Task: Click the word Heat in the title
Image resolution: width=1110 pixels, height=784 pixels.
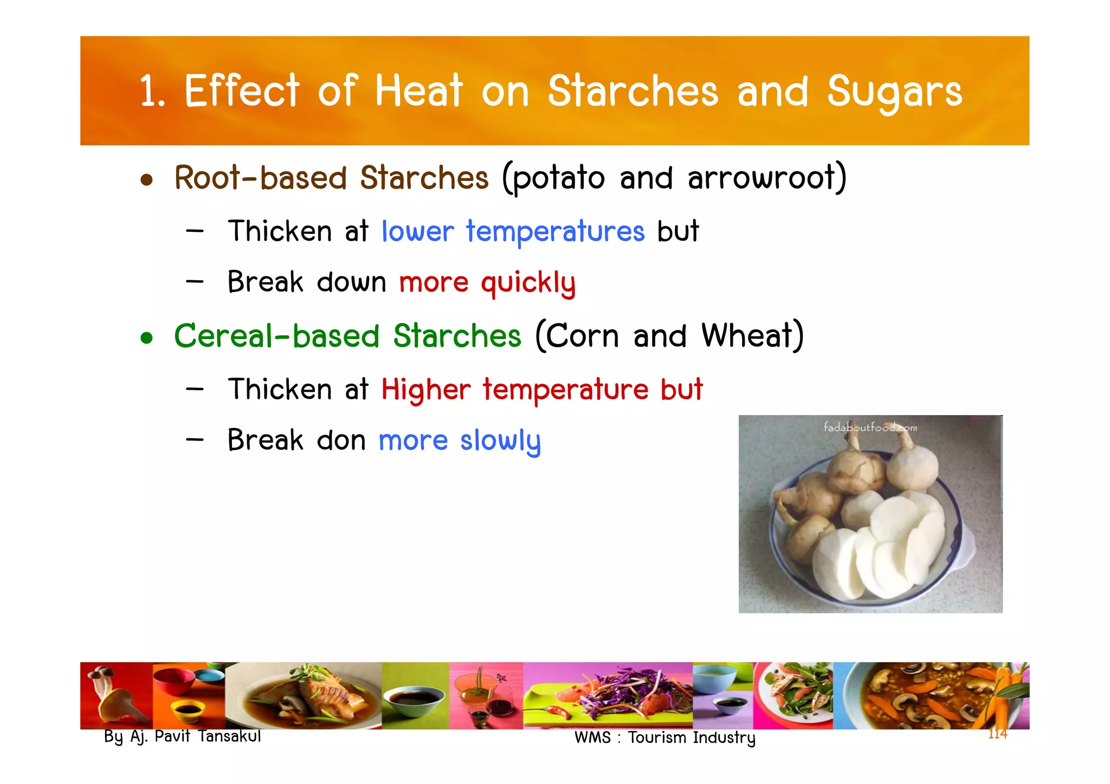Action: click(x=418, y=91)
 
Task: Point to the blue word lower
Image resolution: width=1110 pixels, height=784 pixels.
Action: click(x=417, y=231)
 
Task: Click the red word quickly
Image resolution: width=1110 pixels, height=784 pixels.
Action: click(x=528, y=283)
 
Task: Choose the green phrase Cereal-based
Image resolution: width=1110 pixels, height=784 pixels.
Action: click(x=276, y=336)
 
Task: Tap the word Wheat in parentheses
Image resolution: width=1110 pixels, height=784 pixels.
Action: click(x=752, y=336)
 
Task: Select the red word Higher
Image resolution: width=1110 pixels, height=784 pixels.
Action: click(x=426, y=390)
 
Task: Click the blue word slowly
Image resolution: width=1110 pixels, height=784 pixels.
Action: click(x=500, y=440)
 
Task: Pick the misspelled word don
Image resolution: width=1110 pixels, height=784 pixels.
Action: click(x=341, y=440)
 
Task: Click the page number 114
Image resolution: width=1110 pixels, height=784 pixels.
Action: click(x=997, y=734)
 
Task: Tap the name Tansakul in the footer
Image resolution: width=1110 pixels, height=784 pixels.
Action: click(x=229, y=736)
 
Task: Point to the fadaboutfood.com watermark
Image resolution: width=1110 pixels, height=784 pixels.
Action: click(x=870, y=427)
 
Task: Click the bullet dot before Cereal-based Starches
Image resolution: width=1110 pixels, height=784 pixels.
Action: click(x=146, y=338)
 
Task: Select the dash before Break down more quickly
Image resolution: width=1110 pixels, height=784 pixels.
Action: click(x=195, y=281)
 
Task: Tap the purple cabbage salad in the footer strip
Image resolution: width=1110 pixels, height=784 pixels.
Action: click(x=623, y=691)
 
